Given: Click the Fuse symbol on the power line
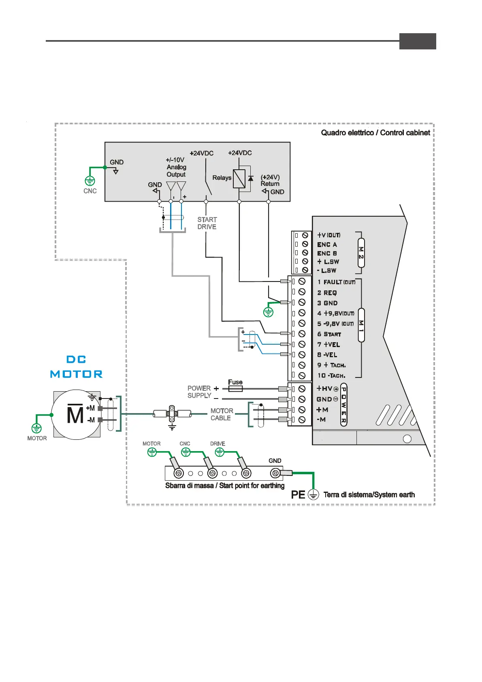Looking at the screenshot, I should [x=235, y=388].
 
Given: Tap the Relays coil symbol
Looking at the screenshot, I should [x=239, y=179].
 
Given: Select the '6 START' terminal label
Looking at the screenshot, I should [x=329, y=334].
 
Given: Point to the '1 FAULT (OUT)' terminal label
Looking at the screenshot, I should [x=336, y=282].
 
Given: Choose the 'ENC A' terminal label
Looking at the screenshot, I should [x=327, y=245].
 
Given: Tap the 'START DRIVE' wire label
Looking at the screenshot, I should [x=207, y=223].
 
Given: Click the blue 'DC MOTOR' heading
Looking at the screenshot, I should [x=76, y=367].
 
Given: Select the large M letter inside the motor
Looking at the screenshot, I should [x=75, y=414].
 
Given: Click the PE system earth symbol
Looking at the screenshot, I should [x=313, y=494].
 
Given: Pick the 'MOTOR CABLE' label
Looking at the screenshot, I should [x=222, y=414].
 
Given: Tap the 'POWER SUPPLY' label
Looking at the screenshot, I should [x=199, y=392].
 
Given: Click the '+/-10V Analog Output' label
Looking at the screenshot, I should [x=176, y=167].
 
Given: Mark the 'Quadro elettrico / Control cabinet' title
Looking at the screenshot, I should [x=375, y=133].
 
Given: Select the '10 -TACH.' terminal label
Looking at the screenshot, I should [x=331, y=375].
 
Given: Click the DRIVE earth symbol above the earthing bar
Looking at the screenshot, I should [x=220, y=452].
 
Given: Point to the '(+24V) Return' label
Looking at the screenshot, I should [x=270, y=180].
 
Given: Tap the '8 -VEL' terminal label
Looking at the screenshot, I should [x=327, y=355].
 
